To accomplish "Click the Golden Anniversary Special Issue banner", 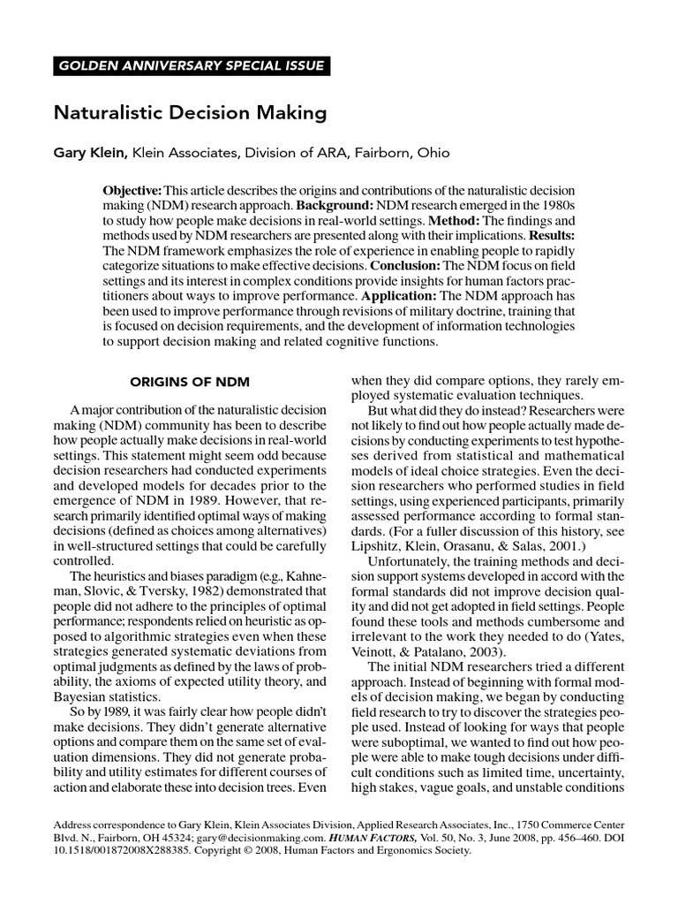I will [x=191, y=66].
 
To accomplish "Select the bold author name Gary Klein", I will [x=91, y=153].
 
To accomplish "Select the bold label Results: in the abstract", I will [x=551, y=235].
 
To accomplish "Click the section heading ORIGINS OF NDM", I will [x=190, y=382].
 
